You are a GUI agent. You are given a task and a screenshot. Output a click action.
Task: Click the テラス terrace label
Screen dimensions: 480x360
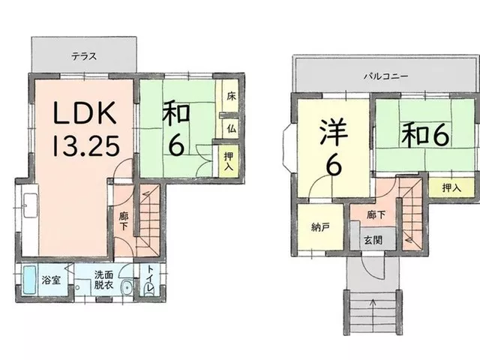[84, 56]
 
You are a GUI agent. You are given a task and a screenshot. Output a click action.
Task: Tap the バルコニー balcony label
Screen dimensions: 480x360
[385, 76]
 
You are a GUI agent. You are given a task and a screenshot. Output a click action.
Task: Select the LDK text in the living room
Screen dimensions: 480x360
[85, 112]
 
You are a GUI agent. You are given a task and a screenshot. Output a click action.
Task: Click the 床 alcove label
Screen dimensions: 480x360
[232, 97]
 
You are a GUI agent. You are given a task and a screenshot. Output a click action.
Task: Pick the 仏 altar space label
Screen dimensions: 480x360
[232, 128]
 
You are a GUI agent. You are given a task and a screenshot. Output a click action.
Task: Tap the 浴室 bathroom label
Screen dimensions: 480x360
[51, 280]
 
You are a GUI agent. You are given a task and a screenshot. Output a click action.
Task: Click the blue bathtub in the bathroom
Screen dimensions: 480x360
[30, 280]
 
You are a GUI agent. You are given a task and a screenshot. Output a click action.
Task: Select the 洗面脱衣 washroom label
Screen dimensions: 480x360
[103, 280]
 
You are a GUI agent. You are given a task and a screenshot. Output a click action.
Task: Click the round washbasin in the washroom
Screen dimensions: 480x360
[126, 287]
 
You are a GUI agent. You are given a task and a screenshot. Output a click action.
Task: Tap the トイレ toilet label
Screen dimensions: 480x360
[150, 278]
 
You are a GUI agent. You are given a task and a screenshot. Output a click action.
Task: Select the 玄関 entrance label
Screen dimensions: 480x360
[373, 240]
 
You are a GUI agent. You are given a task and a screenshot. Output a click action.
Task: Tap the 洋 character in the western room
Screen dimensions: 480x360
[334, 132]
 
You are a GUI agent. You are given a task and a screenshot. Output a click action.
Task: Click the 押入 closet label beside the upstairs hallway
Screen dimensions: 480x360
[451, 188]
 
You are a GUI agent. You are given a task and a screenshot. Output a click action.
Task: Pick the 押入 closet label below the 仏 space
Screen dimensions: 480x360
[228, 161]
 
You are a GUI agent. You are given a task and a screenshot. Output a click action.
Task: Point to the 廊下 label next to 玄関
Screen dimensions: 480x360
[376, 215]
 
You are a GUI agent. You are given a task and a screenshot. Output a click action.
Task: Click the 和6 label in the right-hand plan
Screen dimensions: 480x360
[425, 135]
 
